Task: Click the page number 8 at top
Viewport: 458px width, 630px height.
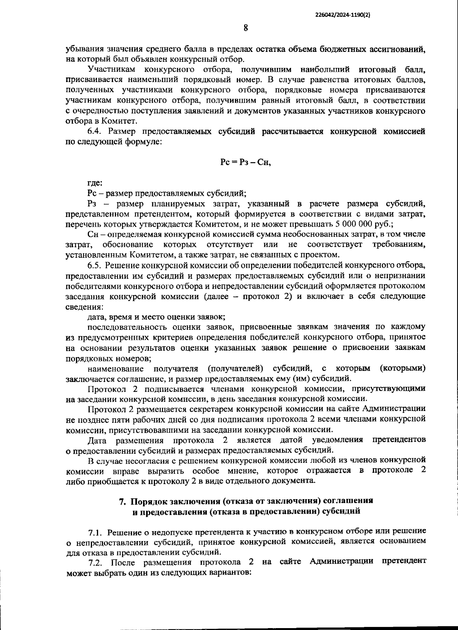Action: click(245, 28)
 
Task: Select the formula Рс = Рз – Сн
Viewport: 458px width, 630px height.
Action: click(245, 163)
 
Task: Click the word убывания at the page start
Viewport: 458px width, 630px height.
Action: click(83, 49)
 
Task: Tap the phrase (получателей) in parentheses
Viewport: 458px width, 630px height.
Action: click(235, 369)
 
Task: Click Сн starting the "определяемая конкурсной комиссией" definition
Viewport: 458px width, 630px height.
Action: click(92, 234)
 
